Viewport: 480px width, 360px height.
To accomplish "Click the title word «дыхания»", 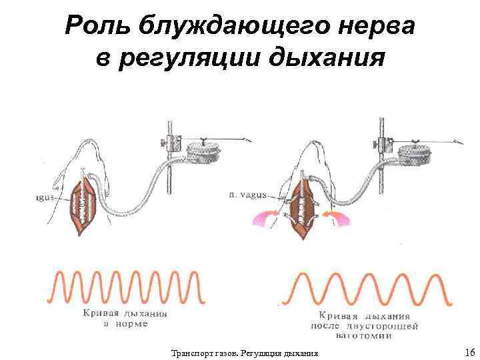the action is pos(326,59).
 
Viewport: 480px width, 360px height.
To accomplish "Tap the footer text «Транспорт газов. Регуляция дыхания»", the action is pos(245,352).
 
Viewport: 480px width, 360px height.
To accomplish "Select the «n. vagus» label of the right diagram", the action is pos(247,195).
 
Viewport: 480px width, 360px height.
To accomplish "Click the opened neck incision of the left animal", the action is pos(84,205).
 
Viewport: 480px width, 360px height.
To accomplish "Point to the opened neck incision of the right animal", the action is pos(303,207).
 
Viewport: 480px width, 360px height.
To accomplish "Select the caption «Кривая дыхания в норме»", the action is pos(125,319).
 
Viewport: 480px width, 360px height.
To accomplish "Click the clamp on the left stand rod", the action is pos(170,142).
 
